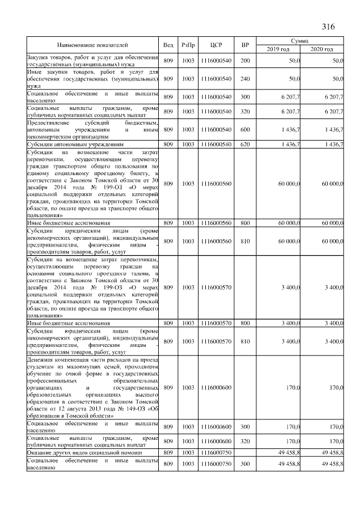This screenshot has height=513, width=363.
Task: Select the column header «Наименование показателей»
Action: coord(93,45)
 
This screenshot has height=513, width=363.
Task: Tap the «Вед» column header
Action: coord(168,45)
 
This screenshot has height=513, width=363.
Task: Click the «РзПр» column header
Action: coord(188,45)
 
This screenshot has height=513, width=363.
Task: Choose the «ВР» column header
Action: coord(244,45)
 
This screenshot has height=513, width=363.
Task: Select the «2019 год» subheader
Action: coord(278,49)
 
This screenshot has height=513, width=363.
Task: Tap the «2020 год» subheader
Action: coord(322,49)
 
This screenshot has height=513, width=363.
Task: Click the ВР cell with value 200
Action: coord(244,60)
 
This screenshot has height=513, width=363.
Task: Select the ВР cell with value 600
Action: coord(244,130)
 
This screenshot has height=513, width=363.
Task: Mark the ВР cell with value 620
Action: coord(244,145)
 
